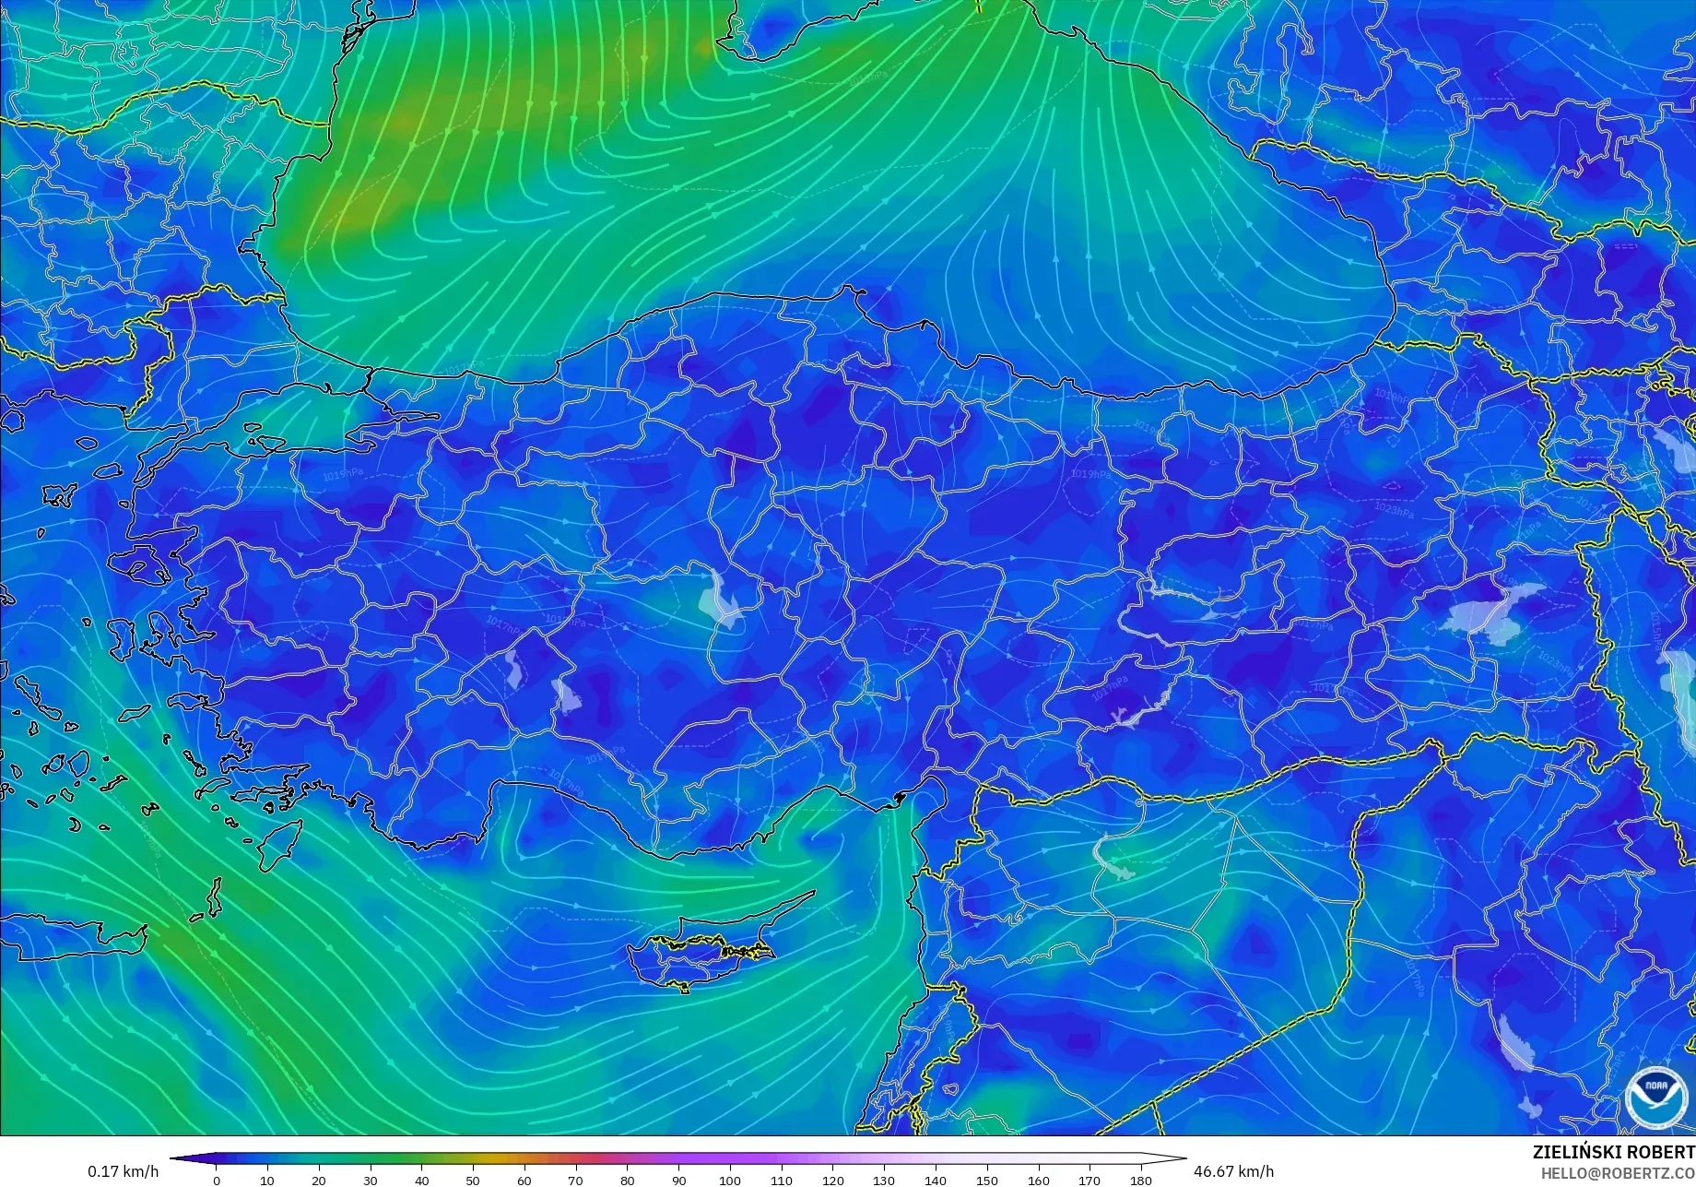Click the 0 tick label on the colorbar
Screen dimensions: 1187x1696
(217, 1180)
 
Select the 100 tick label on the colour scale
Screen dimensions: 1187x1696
(730, 1180)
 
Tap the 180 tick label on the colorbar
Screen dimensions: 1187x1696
(1141, 1180)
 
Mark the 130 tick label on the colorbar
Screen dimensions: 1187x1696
(884, 1180)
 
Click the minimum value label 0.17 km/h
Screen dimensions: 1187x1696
(124, 1171)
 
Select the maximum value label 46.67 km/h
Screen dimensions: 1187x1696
(1234, 1171)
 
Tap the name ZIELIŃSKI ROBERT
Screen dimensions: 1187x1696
(1613, 1152)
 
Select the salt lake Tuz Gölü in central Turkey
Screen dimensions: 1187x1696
(719, 599)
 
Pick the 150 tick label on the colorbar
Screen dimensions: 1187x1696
(986, 1180)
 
